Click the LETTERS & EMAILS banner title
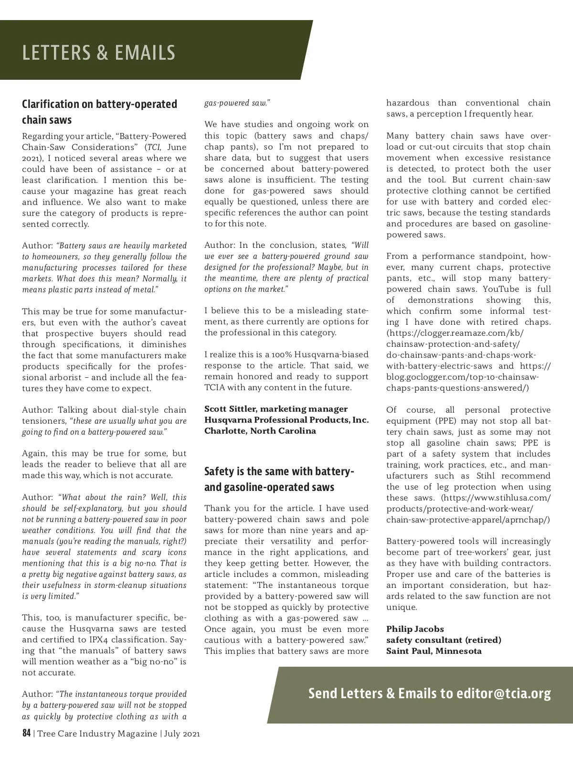click(99, 53)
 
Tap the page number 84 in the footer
click(26, 733)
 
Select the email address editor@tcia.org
click(503, 693)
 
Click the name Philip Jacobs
click(415, 629)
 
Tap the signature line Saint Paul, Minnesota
click(434, 651)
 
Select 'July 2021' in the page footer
click(182, 734)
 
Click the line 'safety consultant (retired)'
click(444, 640)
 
